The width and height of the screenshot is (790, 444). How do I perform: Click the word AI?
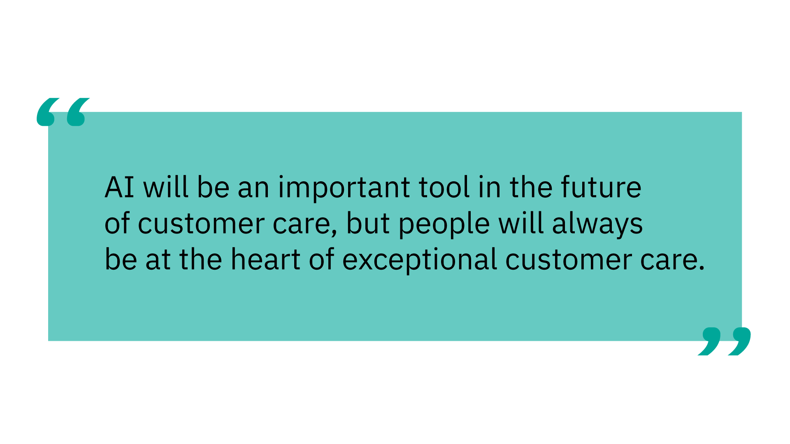coord(119,187)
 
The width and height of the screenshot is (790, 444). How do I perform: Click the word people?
coord(444,224)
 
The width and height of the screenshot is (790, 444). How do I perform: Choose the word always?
coord(597,224)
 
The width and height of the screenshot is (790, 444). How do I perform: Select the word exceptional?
coord(420,261)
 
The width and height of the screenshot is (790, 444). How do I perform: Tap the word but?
coord(368,224)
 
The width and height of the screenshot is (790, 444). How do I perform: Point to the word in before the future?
coord(490,187)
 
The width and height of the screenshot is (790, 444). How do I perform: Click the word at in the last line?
coord(158,261)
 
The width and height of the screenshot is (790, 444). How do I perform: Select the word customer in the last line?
coord(568,261)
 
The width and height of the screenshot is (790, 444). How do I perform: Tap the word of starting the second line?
coord(117,224)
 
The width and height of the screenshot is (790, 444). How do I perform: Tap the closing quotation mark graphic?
coord(724,341)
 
